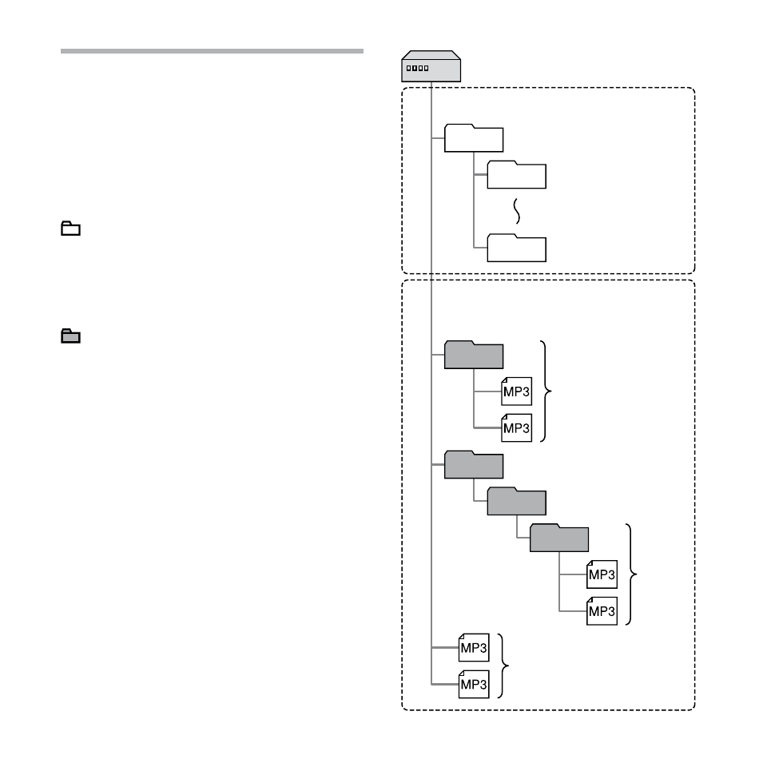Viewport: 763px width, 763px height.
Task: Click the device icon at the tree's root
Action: coord(431,66)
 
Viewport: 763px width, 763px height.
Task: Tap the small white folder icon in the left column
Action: coord(70,229)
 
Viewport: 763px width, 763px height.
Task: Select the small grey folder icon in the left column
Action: coord(70,336)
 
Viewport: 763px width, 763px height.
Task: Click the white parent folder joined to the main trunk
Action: coord(474,138)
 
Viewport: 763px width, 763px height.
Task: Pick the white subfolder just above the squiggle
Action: coord(516,175)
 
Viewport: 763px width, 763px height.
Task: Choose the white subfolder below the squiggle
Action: coord(516,248)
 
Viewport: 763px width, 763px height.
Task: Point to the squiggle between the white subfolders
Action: coord(517,211)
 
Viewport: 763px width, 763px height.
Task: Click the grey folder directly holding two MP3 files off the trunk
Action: coord(474,355)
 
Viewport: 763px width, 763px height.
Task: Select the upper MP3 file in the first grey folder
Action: coord(516,391)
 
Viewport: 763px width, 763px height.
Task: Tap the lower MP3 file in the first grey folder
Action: coord(516,427)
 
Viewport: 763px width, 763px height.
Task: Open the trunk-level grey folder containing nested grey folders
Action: coord(474,465)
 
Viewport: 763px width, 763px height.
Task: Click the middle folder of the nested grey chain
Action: coord(516,501)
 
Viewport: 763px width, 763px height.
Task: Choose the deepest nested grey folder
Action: coord(559,538)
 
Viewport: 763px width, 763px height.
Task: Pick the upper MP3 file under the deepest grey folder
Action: coord(602,574)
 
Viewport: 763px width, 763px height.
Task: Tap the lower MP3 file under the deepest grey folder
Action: coord(602,610)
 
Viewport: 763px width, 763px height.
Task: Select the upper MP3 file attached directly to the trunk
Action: coord(474,648)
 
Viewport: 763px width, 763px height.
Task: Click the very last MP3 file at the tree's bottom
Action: coord(474,684)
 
